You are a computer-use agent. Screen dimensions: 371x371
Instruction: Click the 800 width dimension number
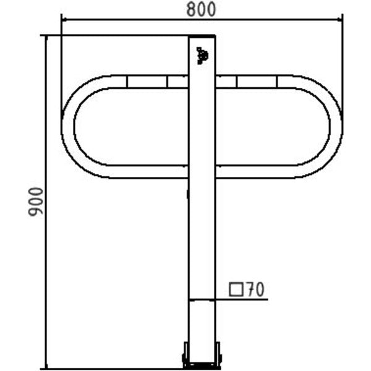(201, 9)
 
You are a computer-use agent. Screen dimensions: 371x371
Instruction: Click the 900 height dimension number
(36, 202)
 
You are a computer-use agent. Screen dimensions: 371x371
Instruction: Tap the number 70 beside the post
(255, 289)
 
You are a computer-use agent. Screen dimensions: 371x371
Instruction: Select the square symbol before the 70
(236, 289)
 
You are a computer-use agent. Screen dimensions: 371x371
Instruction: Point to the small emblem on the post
(202, 56)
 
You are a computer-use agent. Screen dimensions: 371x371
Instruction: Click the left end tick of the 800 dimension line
(61, 20)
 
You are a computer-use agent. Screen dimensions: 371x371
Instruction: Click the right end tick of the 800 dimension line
(342, 20)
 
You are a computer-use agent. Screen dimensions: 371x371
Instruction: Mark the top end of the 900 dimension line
(46, 35)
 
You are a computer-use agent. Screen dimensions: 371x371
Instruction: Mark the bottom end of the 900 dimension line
(46, 369)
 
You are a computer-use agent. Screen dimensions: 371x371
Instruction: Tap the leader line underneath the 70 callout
(229, 300)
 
